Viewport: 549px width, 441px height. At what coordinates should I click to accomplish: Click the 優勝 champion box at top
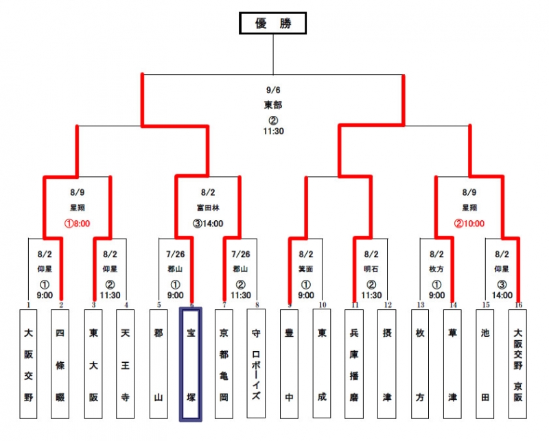tap(272, 23)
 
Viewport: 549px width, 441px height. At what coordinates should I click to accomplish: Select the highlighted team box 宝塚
tap(191, 363)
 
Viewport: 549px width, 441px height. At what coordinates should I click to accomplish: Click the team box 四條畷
tap(60, 363)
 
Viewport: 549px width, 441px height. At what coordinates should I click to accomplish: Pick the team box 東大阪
tap(93, 363)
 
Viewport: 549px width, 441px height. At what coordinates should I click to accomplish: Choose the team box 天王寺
tap(126, 363)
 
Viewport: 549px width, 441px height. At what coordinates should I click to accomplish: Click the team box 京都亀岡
tap(224, 363)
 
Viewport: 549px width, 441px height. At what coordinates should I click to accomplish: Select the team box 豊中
tap(290, 363)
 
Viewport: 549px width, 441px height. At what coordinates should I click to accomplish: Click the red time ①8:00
tap(78, 223)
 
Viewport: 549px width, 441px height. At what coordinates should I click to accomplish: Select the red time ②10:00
tap(469, 223)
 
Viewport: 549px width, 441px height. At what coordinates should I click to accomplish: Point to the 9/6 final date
tap(273, 89)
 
